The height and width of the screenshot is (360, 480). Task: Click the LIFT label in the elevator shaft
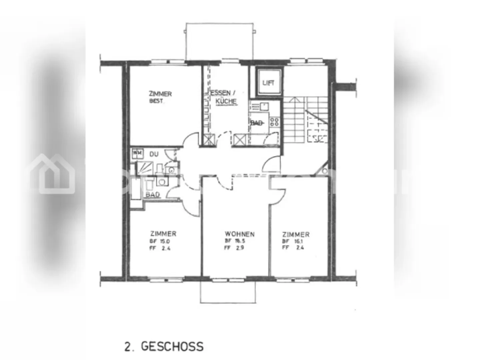coord(268,83)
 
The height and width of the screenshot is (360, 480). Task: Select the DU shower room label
coord(154,154)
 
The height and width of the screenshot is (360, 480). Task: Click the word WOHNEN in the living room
coord(239,234)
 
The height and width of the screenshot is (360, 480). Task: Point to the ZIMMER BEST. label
coord(160,97)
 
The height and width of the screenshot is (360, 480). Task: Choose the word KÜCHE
coord(226,101)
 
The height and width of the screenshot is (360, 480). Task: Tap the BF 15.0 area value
coord(160,241)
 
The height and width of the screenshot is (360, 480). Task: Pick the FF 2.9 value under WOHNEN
coord(234,248)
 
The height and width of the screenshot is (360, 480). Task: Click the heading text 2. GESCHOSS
coord(164,346)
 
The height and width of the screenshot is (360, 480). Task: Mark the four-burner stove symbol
coord(274,122)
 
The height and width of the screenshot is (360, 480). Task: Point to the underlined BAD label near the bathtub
coord(153,195)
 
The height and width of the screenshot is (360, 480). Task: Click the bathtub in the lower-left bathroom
coord(136,189)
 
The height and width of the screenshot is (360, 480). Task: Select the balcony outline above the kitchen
coord(219,41)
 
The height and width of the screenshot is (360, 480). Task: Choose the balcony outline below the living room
coord(228,292)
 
